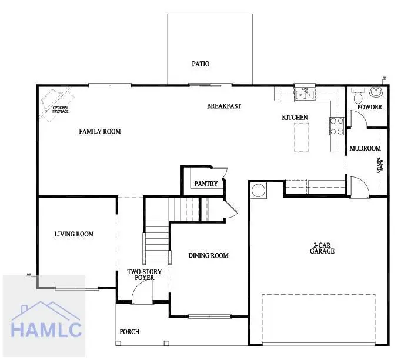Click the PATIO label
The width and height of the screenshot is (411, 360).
pyautogui.click(x=201, y=64)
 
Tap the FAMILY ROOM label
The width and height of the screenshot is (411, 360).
pyautogui.click(x=100, y=131)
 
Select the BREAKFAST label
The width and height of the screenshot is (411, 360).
pyautogui.click(x=224, y=106)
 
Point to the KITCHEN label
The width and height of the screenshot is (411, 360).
pyautogui.click(x=295, y=118)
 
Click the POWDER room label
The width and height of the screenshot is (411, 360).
pyautogui.click(x=370, y=107)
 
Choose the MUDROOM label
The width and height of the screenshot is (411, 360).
pyautogui.click(x=365, y=149)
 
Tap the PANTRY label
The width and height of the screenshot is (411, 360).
pyautogui.click(x=206, y=184)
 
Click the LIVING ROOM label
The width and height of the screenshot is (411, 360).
pyautogui.click(x=74, y=234)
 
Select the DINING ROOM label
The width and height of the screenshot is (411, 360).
pyautogui.click(x=208, y=255)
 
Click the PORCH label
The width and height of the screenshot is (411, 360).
pyautogui.click(x=129, y=332)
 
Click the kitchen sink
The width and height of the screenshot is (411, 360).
pyautogui.click(x=305, y=94)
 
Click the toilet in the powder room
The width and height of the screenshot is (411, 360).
pyautogui.click(x=357, y=97)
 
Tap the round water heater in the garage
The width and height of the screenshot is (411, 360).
pyautogui.click(x=259, y=190)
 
